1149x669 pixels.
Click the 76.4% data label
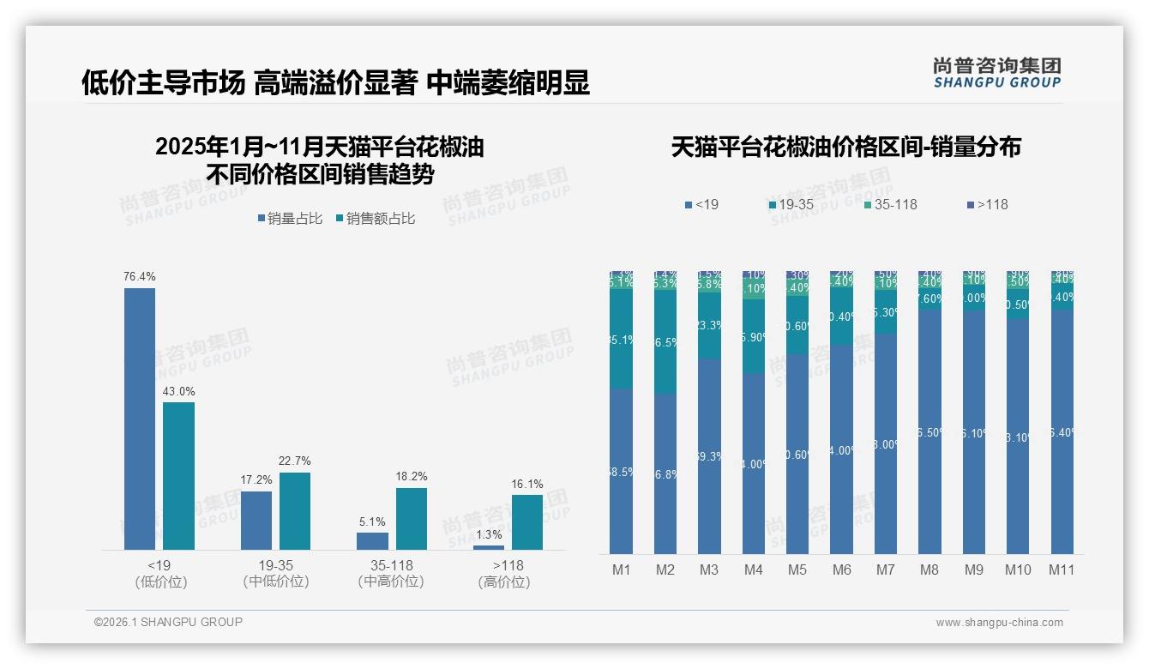click(x=140, y=277)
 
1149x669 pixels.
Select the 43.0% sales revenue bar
click(x=178, y=475)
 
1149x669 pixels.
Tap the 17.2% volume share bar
click(x=256, y=520)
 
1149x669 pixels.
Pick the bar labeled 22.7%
click(x=295, y=510)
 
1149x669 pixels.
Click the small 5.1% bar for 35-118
click(x=372, y=540)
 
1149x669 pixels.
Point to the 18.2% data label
click(x=411, y=477)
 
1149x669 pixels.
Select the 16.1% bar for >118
click(x=527, y=521)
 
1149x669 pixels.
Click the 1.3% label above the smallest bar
click(x=489, y=534)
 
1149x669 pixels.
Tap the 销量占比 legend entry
click(x=289, y=219)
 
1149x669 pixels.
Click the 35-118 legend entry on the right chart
click(x=889, y=205)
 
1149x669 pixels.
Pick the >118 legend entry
click(x=987, y=205)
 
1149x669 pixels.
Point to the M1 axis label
click(x=621, y=570)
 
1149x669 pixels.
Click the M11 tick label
click(x=1062, y=570)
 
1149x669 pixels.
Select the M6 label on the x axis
click(x=841, y=570)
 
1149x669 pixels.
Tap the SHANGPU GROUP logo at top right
click(x=996, y=73)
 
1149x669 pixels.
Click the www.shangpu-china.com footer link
click(x=999, y=623)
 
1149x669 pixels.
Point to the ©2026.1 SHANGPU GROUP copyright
click(x=168, y=622)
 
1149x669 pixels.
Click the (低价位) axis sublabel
click(x=160, y=582)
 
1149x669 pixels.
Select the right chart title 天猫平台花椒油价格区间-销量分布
click(x=845, y=147)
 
